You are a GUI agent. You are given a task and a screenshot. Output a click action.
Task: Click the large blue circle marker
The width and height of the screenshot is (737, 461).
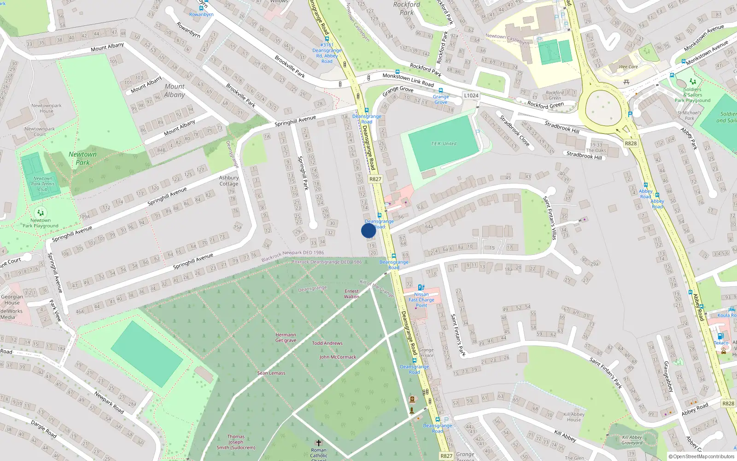point(368,230)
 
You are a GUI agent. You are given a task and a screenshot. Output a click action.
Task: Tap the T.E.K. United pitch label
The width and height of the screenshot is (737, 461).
point(444,144)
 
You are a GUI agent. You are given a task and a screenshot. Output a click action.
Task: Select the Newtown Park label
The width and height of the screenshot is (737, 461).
point(82,158)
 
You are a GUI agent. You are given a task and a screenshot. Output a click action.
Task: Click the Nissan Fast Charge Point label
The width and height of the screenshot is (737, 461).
point(421,300)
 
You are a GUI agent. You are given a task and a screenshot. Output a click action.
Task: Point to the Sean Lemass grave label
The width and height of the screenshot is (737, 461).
point(271,373)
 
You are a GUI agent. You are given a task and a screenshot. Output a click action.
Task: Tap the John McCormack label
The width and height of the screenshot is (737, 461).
point(338,357)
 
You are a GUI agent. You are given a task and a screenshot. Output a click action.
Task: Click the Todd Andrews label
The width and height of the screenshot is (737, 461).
point(327,343)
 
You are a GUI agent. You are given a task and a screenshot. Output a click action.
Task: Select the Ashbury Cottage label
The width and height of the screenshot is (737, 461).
point(229,181)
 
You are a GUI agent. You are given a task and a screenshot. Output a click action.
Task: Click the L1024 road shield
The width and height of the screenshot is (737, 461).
point(471,95)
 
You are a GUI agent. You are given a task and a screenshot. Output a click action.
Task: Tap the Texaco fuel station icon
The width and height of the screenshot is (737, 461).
point(720,336)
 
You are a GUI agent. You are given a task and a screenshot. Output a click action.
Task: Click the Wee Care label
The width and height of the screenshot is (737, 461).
point(628,67)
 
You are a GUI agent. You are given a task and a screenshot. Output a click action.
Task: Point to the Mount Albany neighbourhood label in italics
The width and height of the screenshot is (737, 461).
point(175,90)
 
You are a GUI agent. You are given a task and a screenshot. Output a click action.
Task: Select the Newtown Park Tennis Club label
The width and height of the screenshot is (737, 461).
point(43,184)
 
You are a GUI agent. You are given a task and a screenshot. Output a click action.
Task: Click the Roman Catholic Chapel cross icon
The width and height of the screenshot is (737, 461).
point(318,443)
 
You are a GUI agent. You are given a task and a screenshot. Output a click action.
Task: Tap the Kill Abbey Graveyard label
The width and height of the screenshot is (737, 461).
point(632,440)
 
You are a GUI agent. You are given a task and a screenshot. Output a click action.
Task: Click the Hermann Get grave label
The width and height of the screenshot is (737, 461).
point(286,337)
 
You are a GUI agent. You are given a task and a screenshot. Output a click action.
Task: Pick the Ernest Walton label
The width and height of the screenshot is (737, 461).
point(351,294)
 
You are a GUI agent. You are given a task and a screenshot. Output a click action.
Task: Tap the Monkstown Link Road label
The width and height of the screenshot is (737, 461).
point(408,80)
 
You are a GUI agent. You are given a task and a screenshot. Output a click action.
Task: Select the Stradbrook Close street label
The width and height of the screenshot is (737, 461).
point(515,131)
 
